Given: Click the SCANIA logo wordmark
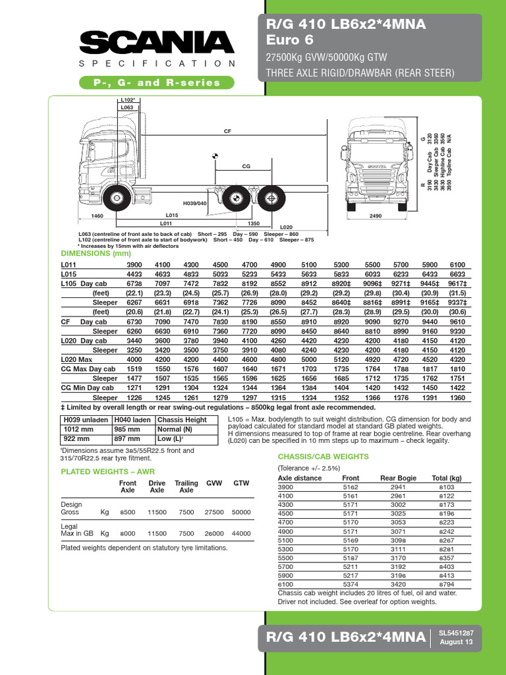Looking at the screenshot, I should pyautogui.click(x=157, y=44).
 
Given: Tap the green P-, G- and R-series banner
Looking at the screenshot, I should pyautogui.click(x=157, y=82).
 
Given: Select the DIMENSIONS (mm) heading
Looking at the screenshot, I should pyautogui.click(x=96, y=253).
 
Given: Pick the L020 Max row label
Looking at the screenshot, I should pyautogui.click(x=78, y=360).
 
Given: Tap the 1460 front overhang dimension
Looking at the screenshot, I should pyautogui.click(x=98, y=216).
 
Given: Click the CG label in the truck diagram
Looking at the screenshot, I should pyautogui.click(x=246, y=167).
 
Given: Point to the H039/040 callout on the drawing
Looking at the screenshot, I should pyautogui.click(x=195, y=204).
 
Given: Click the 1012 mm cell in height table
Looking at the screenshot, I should pyautogui.click(x=76, y=429).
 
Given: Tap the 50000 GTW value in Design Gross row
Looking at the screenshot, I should pyautogui.click(x=241, y=512).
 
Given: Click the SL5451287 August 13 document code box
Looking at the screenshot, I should pyautogui.click(x=455, y=636).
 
